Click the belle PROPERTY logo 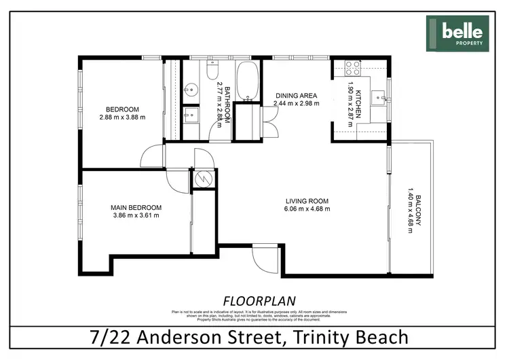pyautogui.click(x=457, y=33)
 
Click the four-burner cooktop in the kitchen pyautogui.click(x=352, y=67)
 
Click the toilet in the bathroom pyautogui.click(x=211, y=70)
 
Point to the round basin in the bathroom pyautogui.click(x=191, y=88)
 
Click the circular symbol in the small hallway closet pyautogui.click(x=201, y=179)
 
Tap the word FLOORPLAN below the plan pyautogui.click(x=254, y=300)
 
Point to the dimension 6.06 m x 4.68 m pyautogui.click(x=307, y=209)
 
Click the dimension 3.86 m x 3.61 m pyautogui.click(x=136, y=216)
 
